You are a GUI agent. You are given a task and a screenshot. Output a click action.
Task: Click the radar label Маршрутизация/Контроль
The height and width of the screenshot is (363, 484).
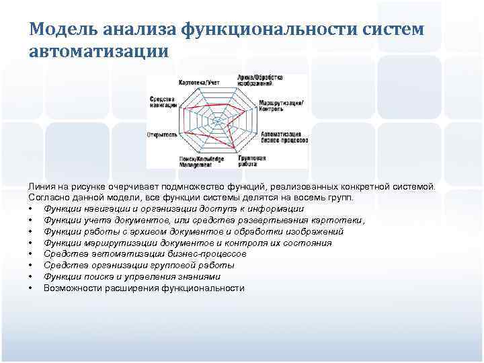[280, 105]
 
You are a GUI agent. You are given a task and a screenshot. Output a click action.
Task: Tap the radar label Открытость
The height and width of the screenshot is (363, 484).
[162, 134]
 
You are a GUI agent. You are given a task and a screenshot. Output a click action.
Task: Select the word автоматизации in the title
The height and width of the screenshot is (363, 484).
[99, 52]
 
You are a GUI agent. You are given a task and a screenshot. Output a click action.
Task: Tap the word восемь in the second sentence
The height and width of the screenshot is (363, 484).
[306, 198]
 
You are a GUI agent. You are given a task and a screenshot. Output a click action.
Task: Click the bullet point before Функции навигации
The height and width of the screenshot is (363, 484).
[32, 209]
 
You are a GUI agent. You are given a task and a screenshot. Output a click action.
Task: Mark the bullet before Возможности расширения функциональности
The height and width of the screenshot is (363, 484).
[32, 288]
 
